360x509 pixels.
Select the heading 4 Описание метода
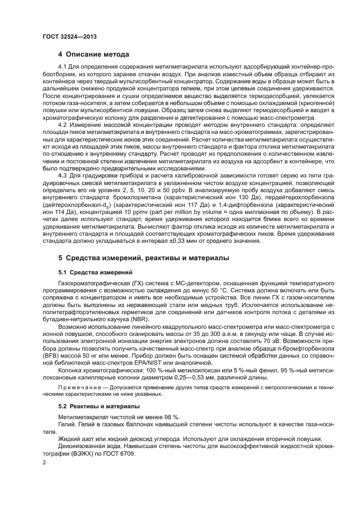tap(94, 54)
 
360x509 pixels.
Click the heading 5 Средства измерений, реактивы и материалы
tap(144, 257)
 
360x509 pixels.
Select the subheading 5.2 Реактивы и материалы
tap(92, 406)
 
